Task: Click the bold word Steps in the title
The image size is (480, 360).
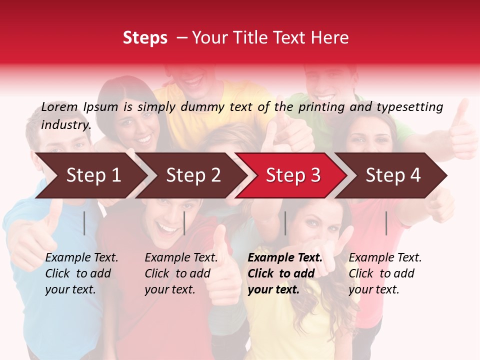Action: click(145, 38)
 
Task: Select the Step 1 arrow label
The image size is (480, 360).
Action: click(93, 175)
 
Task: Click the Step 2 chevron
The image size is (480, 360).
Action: click(193, 175)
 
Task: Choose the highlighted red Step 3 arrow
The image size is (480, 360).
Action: click(293, 175)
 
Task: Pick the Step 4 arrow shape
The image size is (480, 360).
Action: click(393, 175)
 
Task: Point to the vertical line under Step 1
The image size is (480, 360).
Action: click(84, 223)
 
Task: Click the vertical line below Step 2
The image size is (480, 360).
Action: click(184, 223)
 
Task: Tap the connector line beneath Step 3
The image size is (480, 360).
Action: click(285, 223)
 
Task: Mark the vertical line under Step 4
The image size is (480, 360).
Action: click(386, 223)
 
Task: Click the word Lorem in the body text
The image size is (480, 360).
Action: click(59, 107)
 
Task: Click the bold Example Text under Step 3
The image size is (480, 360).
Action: click(285, 258)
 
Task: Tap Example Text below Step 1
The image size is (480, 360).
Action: click(81, 258)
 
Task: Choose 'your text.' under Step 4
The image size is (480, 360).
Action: click(373, 289)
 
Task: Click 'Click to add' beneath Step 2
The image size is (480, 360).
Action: click(177, 273)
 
